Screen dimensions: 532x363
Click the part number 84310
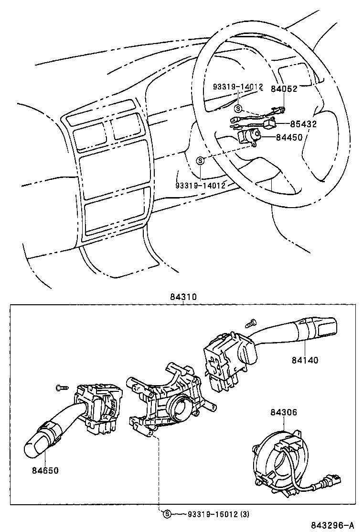coord(182,297)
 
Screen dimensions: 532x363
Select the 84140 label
coord(305,360)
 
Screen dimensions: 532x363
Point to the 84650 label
coord(45,470)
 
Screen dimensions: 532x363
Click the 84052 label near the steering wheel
coord(284,89)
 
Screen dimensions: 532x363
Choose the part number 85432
coord(304,124)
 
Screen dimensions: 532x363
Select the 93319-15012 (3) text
coord(213,514)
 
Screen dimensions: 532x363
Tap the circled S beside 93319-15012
coord(167,514)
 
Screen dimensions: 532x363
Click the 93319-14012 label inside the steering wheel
coord(237,87)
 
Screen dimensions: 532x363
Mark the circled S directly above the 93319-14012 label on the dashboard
coord(201,160)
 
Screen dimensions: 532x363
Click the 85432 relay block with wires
coord(270,123)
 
